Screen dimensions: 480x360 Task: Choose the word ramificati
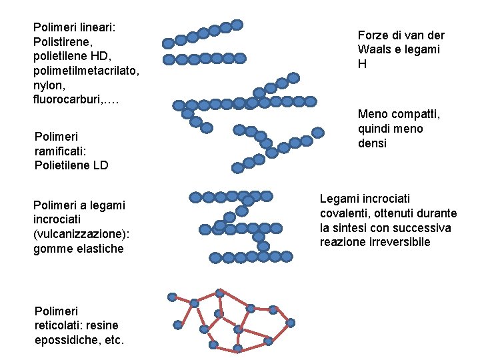pyautogui.click(x=59, y=151)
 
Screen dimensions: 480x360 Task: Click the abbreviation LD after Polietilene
pyautogui.click(x=99, y=165)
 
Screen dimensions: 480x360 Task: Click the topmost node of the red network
pyautogui.click(x=219, y=293)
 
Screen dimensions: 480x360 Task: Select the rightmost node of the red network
pyautogui.click(x=290, y=323)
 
